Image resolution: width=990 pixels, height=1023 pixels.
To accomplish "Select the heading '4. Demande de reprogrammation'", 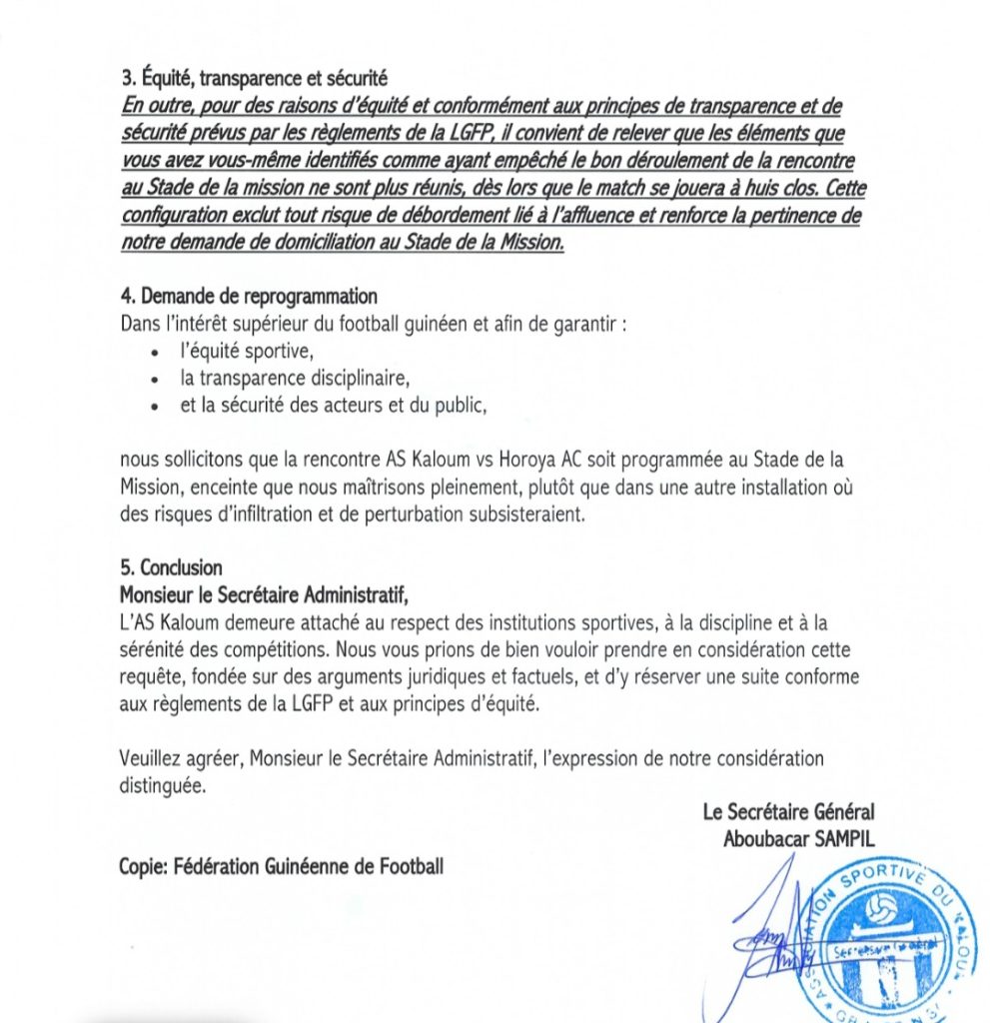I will click(249, 296).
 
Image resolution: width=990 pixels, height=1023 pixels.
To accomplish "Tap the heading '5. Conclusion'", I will click(171, 567).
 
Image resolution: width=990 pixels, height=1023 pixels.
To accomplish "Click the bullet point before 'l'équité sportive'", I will click(155, 354).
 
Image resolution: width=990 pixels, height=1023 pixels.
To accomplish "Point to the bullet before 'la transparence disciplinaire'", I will click(155, 381).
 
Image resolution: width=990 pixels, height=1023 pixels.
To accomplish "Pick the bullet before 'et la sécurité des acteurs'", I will click(155, 407).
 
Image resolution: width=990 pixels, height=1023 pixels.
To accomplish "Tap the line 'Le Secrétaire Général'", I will click(788, 813).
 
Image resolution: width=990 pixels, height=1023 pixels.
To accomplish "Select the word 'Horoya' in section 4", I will click(530, 461).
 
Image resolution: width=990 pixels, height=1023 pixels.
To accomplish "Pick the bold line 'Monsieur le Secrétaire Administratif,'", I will click(264, 594).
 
